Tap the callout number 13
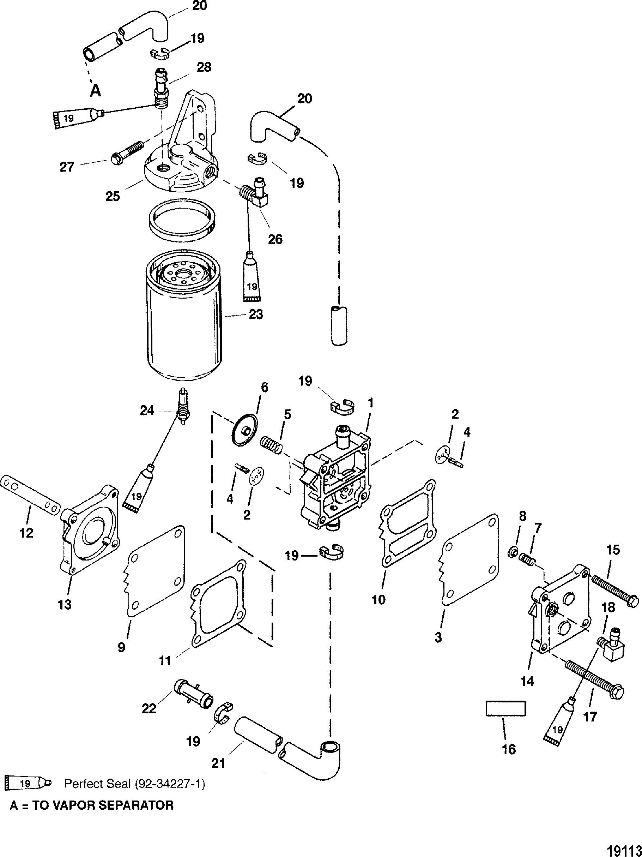pyautogui.click(x=65, y=604)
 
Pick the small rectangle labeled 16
pyautogui.click(x=506, y=708)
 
